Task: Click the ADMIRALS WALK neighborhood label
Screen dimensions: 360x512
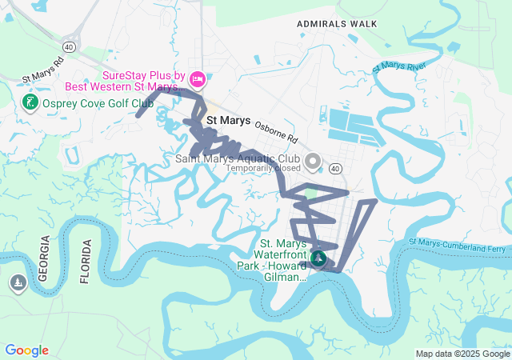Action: click(x=337, y=24)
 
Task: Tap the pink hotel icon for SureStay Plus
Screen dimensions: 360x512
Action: click(x=198, y=79)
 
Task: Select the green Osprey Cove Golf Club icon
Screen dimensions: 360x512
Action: click(x=30, y=102)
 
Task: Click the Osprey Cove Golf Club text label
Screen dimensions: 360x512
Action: click(x=98, y=103)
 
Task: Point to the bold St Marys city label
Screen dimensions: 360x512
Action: click(x=229, y=121)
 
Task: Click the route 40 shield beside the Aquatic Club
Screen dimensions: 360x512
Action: click(x=334, y=168)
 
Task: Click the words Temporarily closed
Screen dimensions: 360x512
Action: click(x=263, y=169)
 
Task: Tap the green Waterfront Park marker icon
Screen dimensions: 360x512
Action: click(x=318, y=258)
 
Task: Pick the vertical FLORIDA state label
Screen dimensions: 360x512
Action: click(x=86, y=262)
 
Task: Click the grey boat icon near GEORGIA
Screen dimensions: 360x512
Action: click(x=18, y=282)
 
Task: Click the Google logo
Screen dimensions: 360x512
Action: click(x=26, y=350)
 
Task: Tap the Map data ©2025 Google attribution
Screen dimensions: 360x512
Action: click(x=462, y=354)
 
